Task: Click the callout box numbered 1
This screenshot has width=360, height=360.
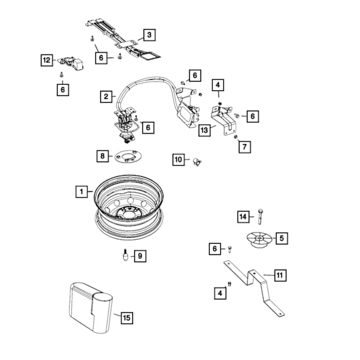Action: click(82, 192)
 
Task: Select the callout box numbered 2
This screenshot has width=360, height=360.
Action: click(106, 96)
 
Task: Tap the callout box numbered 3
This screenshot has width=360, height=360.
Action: click(150, 35)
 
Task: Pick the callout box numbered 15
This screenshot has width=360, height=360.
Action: click(127, 318)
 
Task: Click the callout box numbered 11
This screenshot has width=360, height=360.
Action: click(280, 275)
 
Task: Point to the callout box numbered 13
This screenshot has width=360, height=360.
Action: click(204, 131)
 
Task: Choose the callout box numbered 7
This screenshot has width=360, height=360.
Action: click(245, 147)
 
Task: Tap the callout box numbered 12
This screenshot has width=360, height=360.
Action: click(47, 60)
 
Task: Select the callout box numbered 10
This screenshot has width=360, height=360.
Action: click(179, 160)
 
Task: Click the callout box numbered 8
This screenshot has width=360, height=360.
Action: click(103, 156)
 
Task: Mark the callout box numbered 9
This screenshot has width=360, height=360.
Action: click(140, 256)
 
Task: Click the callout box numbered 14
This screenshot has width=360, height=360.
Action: click(243, 216)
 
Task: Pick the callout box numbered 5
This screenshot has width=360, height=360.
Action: click(281, 238)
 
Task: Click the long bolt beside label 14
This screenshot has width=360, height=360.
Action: click(260, 216)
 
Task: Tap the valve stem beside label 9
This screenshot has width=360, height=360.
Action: click(126, 255)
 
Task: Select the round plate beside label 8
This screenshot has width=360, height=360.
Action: click(128, 156)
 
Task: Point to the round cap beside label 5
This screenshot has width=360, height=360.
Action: click(259, 240)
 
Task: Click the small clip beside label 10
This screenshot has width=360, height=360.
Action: click(197, 161)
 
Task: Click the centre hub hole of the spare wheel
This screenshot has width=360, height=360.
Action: click(129, 213)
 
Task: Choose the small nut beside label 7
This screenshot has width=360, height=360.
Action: click(235, 137)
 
